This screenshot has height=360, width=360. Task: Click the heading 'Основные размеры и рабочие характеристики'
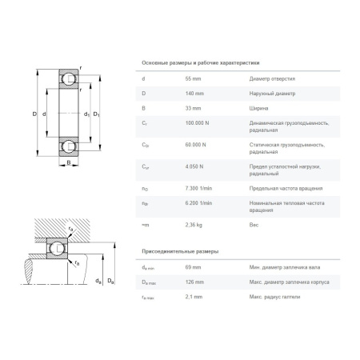pyautogui.click(x=200, y=62)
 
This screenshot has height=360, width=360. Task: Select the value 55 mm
pyautogui.click(x=194, y=79)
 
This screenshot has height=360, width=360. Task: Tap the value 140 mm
pyautogui.click(x=194, y=93)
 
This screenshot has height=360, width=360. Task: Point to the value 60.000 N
pyautogui.click(x=197, y=144)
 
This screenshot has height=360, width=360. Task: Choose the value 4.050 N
pyautogui.click(x=196, y=166)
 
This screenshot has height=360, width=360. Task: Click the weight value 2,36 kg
pyautogui.click(x=194, y=226)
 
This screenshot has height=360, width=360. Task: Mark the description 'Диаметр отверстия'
pyautogui.click(x=272, y=79)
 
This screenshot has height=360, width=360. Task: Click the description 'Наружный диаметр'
pyautogui.click(x=272, y=93)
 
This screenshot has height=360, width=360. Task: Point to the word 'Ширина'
pyautogui.click(x=258, y=107)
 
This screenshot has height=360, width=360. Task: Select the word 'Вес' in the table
pyautogui.click(x=254, y=226)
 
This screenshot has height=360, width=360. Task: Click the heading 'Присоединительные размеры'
pyautogui.click(x=179, y=251)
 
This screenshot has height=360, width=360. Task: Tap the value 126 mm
pyautogui.click(x=194, y=281)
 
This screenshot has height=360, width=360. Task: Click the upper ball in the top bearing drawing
pyautogui.click(x=69, y=79)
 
